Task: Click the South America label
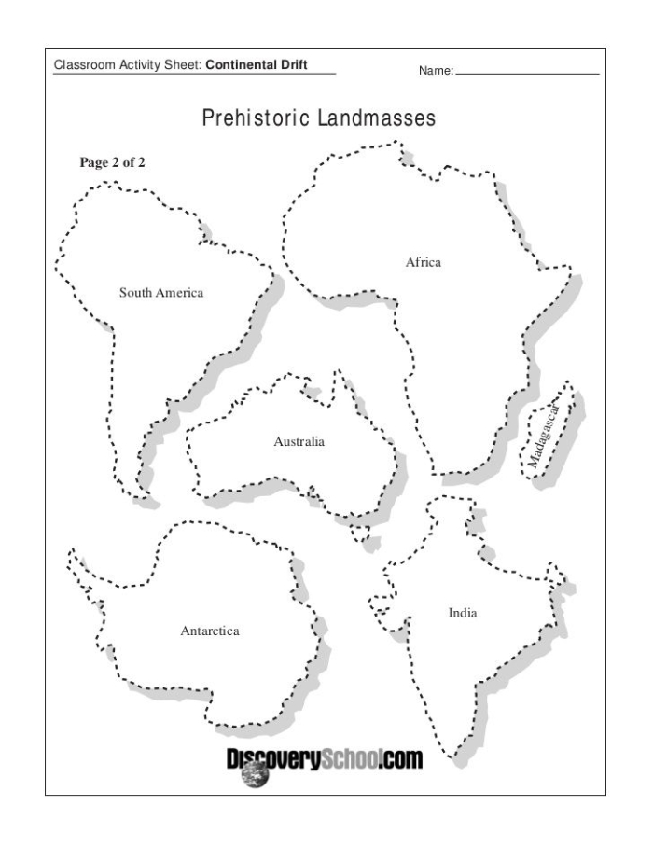160,293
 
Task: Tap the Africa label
423,262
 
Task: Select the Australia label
299,441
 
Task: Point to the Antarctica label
209,631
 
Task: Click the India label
463,613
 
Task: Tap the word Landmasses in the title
382,120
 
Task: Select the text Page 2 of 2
112,161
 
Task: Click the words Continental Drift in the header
257,65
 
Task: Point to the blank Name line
527,72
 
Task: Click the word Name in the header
436,69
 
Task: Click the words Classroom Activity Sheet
128,65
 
